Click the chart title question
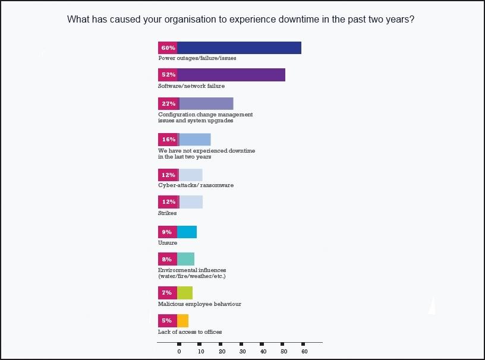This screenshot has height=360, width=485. coord(241,19)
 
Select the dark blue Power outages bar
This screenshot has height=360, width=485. coord(239,48)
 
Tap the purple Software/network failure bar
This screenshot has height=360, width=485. coord(231,75)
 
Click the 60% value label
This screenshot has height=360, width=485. coord(168,48)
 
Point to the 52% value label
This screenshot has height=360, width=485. coord(168,75)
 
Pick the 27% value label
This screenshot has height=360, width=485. coord(168,104)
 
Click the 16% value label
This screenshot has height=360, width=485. coord(168,140)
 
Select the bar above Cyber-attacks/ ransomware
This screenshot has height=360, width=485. coord(190,175)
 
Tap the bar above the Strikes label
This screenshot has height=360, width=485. coord(190,202)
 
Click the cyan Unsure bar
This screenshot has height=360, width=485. coord(187,232)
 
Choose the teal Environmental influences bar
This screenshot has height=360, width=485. coord(185,259)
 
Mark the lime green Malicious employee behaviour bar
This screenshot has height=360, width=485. coord(185,293)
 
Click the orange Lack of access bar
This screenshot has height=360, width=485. coord(182,321)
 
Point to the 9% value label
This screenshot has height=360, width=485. coord(167,232)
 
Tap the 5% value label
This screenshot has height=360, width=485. coord(167,321)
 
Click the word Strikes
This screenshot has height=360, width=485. coord(167,213)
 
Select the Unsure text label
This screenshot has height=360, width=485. coord(168,243)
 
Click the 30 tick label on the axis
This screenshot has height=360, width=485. coord(242,352)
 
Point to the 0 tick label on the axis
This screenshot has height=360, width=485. coord(179,352)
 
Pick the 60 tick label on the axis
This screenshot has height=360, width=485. coord(304,352)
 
